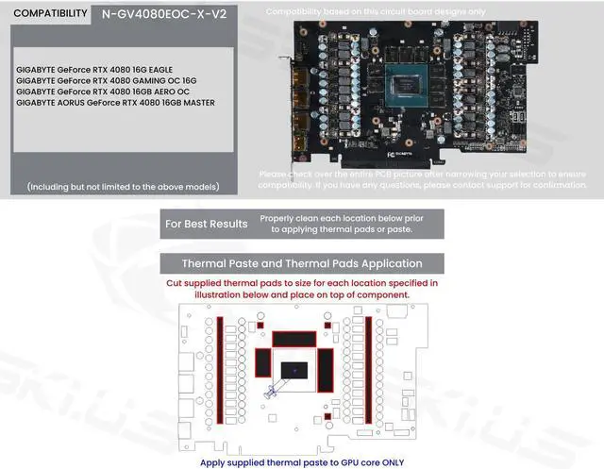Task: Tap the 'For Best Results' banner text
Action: (206, 224)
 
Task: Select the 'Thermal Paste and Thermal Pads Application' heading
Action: (301, 263)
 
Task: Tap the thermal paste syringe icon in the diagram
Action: (273, 390)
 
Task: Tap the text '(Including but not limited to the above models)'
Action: (123, 186)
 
